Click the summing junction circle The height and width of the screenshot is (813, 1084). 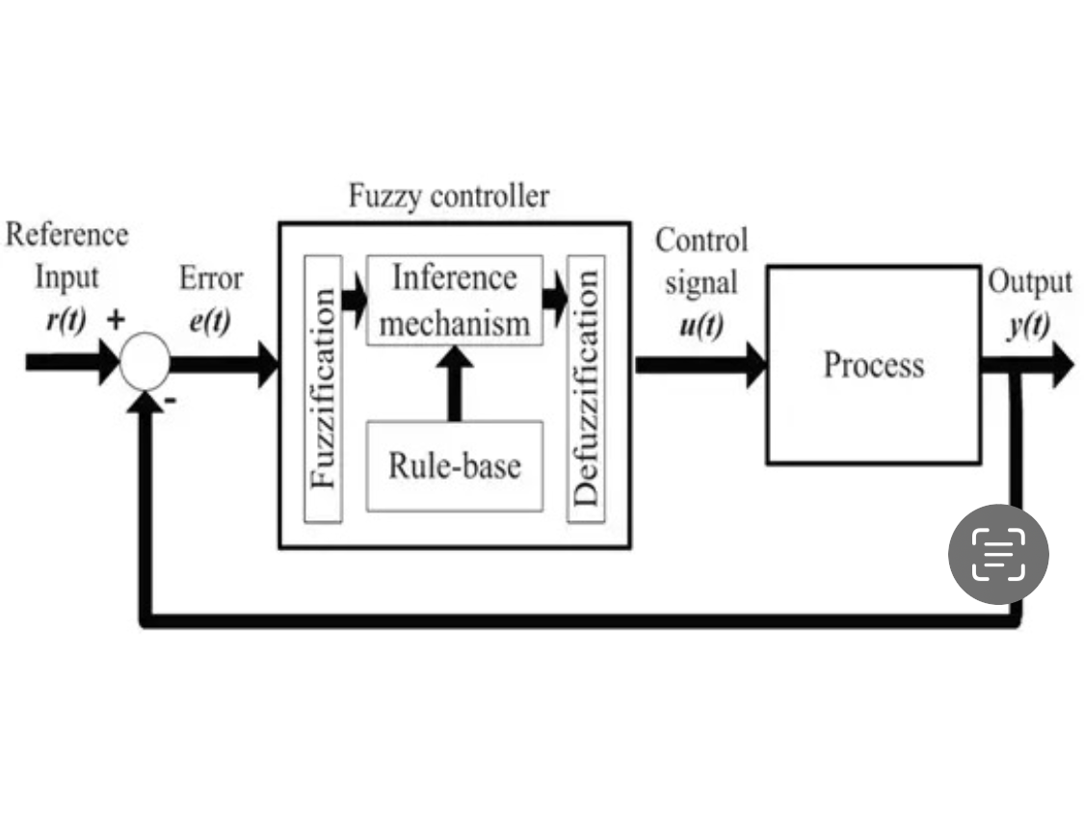point(145,364)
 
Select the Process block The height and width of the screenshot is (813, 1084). point(873,365)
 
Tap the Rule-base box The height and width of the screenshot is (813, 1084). point(454,466)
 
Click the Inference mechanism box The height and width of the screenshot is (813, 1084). point(454,300)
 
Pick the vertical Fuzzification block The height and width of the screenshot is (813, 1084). point(323,389)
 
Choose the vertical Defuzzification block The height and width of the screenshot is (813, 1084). point(586,389)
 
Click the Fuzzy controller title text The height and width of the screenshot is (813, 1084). point(449,197)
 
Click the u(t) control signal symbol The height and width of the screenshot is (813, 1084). point(701,326)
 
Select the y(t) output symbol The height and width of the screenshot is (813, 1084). point(1028,326)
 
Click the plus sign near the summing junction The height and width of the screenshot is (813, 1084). point(115,322)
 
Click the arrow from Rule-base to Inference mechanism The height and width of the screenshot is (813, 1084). point(454,383)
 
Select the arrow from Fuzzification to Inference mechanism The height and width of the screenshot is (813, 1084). point(355,299)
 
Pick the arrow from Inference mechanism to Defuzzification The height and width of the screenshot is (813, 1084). point(555,299)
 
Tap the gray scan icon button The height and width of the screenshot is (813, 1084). point(998,554)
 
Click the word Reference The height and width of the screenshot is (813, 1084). point(66,235)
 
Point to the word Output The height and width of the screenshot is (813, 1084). point(1029,283)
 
